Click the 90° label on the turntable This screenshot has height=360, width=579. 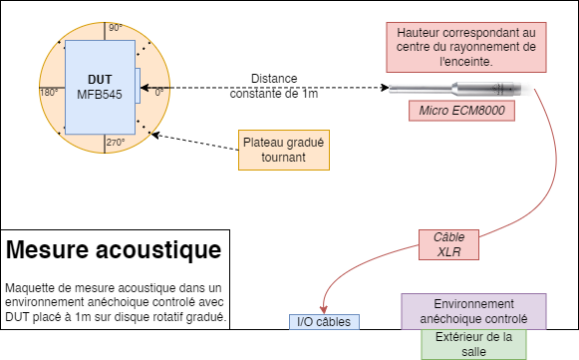point(116,28)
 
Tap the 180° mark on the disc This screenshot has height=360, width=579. point(49,92)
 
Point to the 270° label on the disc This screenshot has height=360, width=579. point(116,143)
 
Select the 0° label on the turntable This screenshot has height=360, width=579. point(158,92)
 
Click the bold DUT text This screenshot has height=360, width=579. point(100,80)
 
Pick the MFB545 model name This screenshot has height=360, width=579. point(100,95)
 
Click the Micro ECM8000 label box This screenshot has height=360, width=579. point(461,111)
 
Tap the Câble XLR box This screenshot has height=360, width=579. point(448,244)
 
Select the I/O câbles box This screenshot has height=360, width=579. point(324,322)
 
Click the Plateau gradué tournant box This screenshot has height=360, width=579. point(284,150)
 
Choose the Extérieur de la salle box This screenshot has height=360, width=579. point(473,344)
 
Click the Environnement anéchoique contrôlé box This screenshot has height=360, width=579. point(473,311)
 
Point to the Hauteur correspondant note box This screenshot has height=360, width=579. point(466,47)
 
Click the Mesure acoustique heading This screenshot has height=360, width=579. point(114,250)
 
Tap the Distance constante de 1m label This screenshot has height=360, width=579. point(274,86)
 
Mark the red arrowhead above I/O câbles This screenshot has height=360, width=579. point(324,310)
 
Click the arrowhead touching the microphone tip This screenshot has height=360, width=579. point(385,88)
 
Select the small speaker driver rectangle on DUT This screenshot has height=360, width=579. point(138,86)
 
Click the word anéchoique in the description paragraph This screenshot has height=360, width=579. point(119,302)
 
